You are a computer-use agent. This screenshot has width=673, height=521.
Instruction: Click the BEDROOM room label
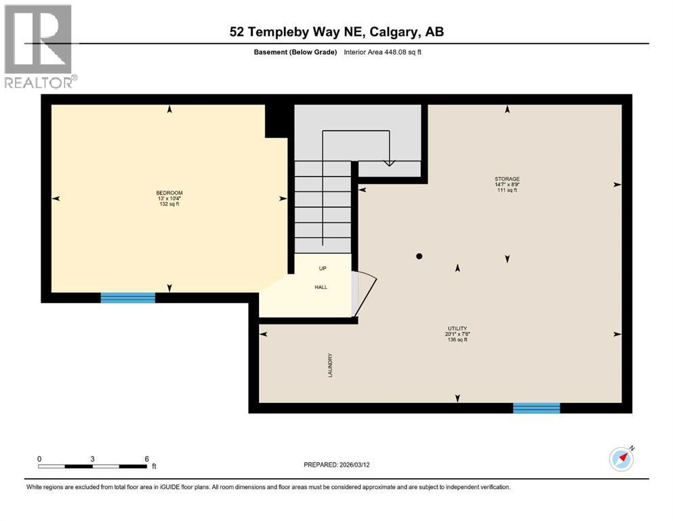tap(169, 193)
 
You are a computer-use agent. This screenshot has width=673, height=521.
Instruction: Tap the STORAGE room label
tap(506, 179)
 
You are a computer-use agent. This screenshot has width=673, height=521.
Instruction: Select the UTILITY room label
tap(456, 328)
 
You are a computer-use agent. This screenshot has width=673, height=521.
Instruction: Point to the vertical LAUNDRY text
tap(330, 364)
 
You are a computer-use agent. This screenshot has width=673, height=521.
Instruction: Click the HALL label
tap(321, 287)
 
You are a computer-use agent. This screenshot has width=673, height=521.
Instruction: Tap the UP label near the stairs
tap(323, 268)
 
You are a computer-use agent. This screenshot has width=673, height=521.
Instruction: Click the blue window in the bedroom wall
tap(128, 297)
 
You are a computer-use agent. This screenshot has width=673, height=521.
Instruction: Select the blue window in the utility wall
tap(536, 408)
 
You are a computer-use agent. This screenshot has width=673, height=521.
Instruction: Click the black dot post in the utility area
tap(420, 256)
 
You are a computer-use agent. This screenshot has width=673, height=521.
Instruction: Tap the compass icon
tap(621, 459)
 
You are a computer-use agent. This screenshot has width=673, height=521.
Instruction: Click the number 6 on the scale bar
tap(146, 459)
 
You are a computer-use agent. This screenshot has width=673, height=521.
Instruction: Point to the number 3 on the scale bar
tap(92, 459)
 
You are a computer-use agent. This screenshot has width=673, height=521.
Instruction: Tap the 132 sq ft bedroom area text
tap(169, 204)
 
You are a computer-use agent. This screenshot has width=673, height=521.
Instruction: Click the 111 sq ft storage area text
tap(506, 191)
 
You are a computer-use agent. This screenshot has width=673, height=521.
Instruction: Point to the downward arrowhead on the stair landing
tap(389, 162)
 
